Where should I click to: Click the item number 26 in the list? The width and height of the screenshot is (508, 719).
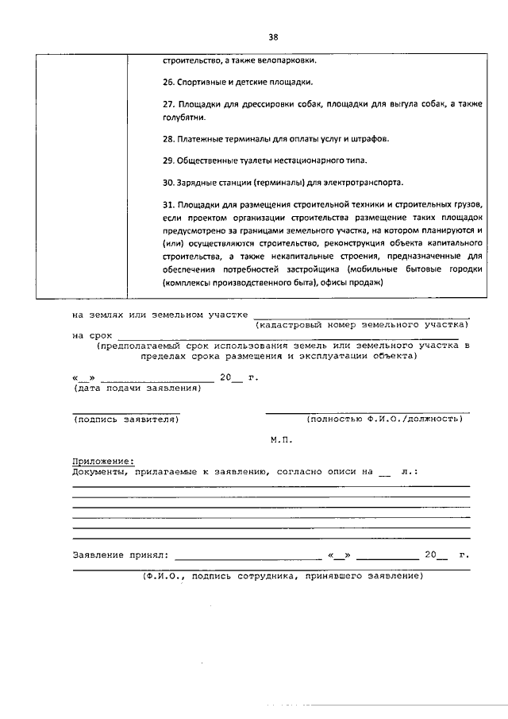coord(168,82)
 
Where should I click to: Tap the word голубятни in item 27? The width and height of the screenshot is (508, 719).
coord(184,118)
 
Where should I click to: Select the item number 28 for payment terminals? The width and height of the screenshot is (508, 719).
coord(168,139)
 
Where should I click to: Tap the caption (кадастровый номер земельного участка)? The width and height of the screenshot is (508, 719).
coord(361,325)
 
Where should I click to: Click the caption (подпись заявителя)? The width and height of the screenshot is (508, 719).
coord(125,419)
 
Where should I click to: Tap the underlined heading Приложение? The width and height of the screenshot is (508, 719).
coord(103,461)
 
